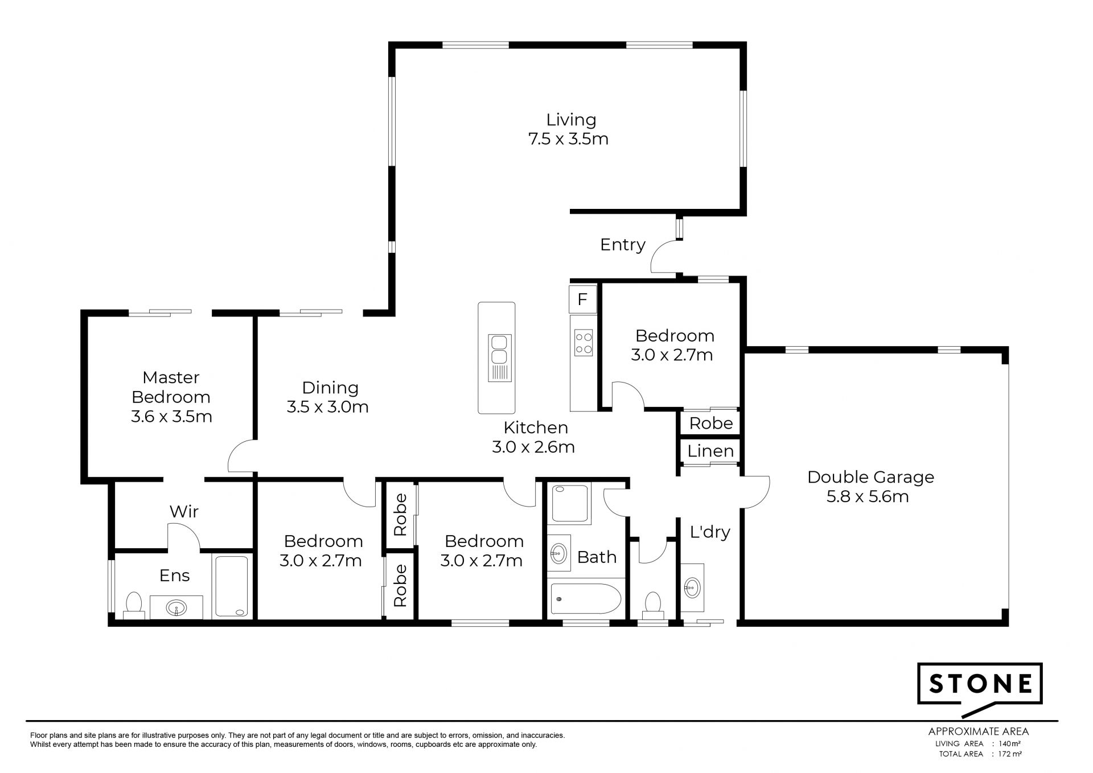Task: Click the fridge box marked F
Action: tap(582, 299)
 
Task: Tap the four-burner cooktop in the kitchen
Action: tap(584, 343)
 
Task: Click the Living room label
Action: tap(571, 120)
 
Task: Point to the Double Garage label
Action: tap(870, 477)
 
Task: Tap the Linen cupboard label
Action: tap(710, 451)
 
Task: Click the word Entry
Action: tap(623, 245)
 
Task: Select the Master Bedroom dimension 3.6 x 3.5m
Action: tap(171, 416)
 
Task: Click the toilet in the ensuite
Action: tap(134, 605)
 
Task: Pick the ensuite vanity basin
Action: tap(176, 608)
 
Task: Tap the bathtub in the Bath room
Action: tap(585, 598)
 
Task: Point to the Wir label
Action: tap(184, 511)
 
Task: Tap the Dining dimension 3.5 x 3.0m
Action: tap(327, 407)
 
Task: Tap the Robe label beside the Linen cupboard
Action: tap(710, 423)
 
